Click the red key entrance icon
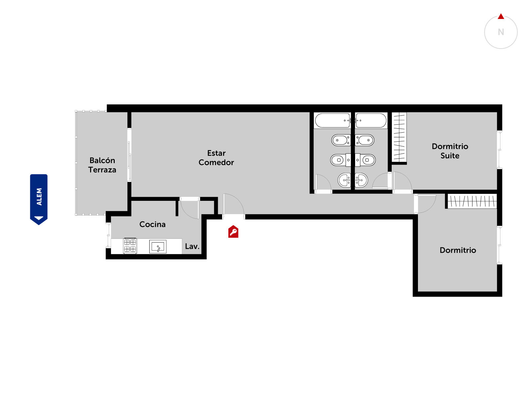pos(233,232)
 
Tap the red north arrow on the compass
pos(501,17)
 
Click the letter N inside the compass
pos(501,32)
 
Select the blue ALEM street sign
pos(39,199)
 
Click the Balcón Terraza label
pos(102,165)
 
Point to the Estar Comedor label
pos(216,158)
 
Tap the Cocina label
pos(152,224)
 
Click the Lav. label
pos(192,246)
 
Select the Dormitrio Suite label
pos(450,151)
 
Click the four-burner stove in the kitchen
pos(130,246)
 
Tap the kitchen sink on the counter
pos(158,247)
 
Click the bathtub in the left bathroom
pos(332,120)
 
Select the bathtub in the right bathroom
pos(371,120)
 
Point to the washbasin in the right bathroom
pos(361,180)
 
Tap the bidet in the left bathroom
pos(341,140)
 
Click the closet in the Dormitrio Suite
pos(399,137)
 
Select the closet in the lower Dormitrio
pos(472,201)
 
